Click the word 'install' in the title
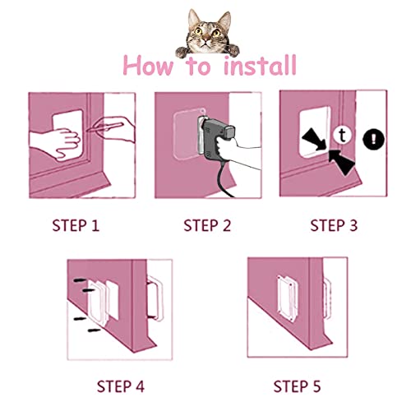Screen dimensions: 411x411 (x=246, y=66)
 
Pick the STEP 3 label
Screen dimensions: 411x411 (x=335, y=224)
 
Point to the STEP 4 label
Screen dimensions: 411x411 (x=117, y=386)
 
